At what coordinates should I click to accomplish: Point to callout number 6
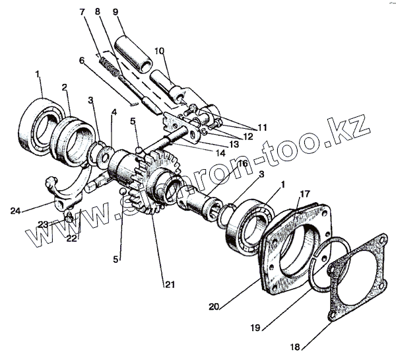82,61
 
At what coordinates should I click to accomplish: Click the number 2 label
65,87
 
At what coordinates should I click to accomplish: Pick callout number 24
16,211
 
